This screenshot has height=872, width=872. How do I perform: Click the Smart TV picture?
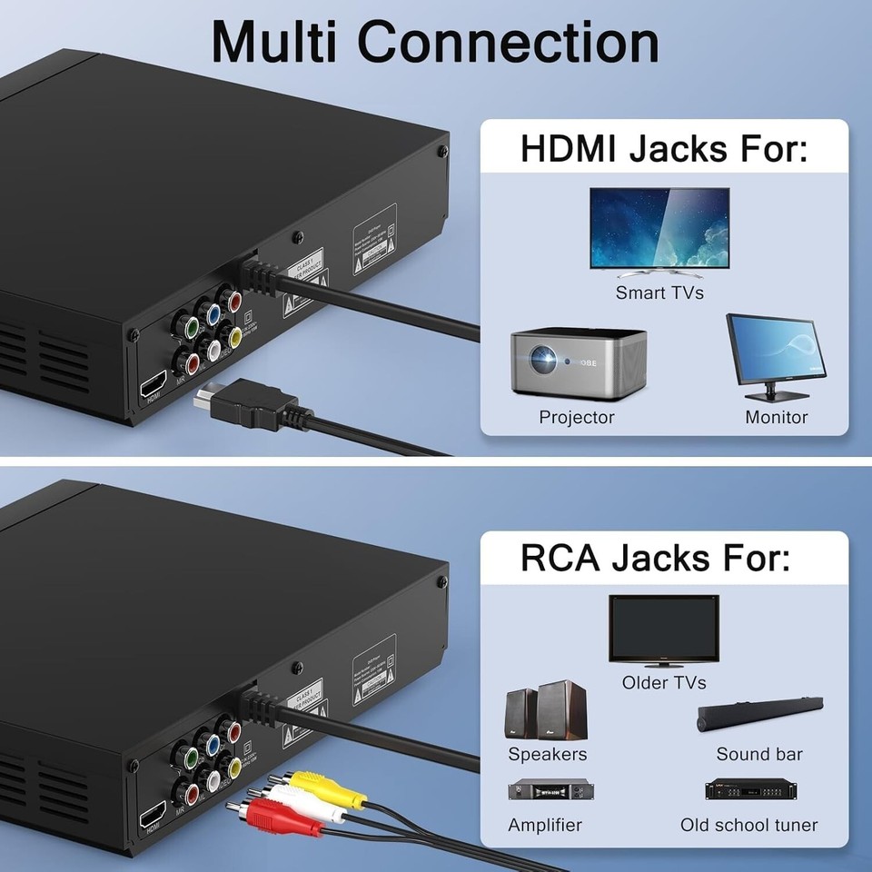pos(659,230)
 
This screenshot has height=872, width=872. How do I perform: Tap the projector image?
pos(579,362)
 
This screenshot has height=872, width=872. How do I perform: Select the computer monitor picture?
pos(775,355)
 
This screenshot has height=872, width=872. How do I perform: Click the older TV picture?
pos(663,630)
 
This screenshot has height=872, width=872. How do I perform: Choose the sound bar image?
pos(759,715)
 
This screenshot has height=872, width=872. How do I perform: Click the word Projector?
pos(577,418)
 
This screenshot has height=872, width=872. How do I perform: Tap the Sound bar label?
pos(759,754)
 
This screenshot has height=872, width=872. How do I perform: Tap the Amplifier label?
pos(545,826)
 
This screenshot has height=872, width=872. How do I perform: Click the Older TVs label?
pos(664,682)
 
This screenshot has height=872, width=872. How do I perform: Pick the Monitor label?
pos(777,418)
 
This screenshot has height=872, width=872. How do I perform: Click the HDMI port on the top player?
pos(152,382)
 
